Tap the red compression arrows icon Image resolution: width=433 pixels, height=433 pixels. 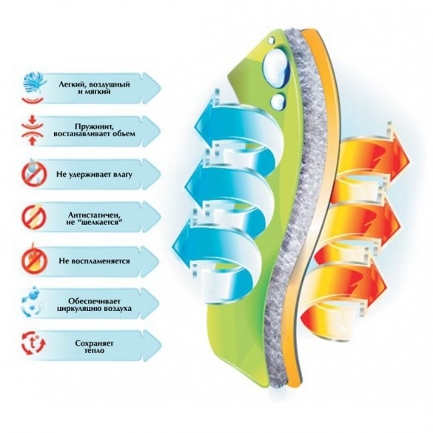(33, 130)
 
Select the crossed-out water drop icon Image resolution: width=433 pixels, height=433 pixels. (34, 173)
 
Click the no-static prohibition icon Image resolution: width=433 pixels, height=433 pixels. (34, 217)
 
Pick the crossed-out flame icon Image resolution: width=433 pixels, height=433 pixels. (34, 261)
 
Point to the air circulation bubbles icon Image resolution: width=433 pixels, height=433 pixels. (33, 303)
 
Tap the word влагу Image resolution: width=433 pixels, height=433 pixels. (122, 175)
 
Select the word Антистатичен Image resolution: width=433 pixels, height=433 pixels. (93, 215)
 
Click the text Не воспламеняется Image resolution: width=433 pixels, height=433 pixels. (94, 261)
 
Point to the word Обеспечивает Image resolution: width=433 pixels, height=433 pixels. (94, 301)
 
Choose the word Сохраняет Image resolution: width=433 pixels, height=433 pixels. (94, 343)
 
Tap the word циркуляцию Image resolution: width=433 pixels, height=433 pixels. (76, 309)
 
